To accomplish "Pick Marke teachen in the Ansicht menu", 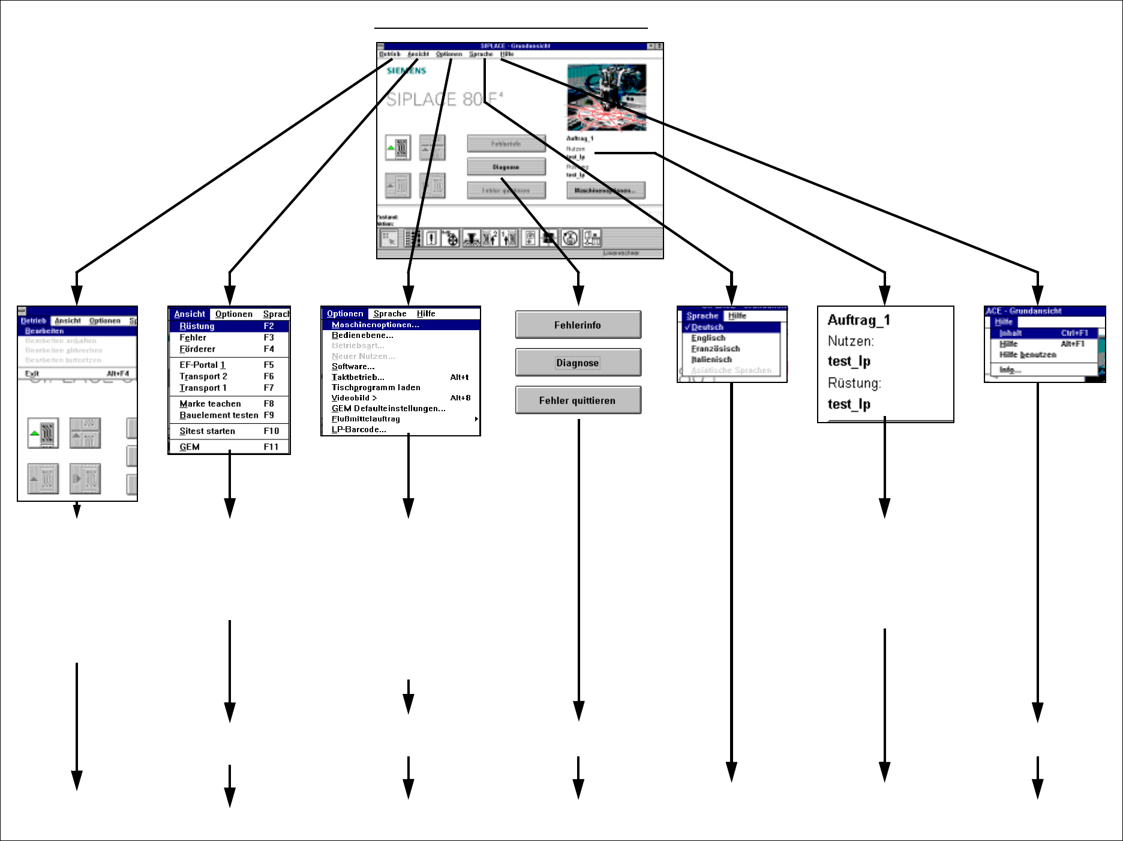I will pos(226,404).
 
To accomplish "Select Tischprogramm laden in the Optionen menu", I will pos(376,388).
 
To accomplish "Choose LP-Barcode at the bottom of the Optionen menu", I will pos(359,430).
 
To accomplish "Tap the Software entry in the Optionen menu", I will pos(353,367).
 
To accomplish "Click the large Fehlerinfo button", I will pos(578,325).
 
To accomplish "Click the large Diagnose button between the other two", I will pos(578,363).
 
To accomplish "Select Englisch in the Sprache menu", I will pos(708,338).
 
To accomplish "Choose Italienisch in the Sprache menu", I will pos(711,360).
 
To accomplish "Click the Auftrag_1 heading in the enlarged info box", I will pos(858,320).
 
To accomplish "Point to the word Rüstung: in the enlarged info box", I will pos(854,383).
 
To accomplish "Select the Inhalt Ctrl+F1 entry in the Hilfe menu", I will pos(1044,333).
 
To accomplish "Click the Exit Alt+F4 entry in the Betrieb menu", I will pos(77,373).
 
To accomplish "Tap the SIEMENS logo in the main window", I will pos(406,71).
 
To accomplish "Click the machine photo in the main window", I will pos(606,97).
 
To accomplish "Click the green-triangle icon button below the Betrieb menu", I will pos(43,433).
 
